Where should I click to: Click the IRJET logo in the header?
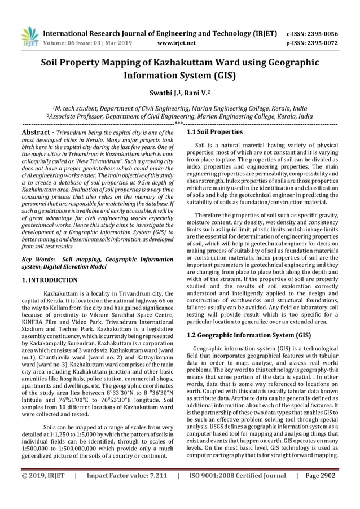29,34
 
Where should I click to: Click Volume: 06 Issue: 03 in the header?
78,42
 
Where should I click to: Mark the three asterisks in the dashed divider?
179,123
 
